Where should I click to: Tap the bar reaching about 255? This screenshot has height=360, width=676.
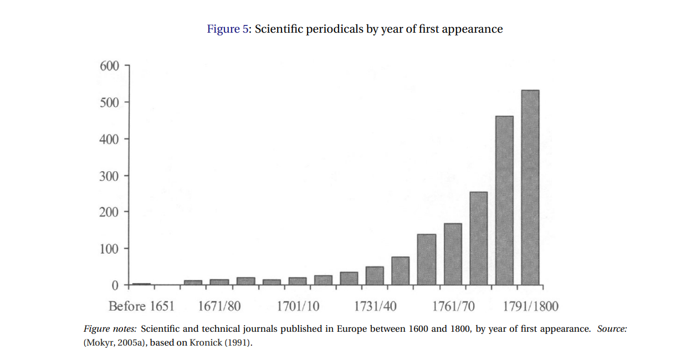pyautogui.click(x=478, y=238)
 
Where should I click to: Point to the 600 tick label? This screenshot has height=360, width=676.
pyautogui.click(x=109, y=66)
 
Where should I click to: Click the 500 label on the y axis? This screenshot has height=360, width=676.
pyautogui.click(x=109, y=102)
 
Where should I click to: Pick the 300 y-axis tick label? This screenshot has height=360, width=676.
pyautogui.click(x=109, y=176)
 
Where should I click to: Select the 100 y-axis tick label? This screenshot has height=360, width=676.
pyautogui.click(x=109, y=249)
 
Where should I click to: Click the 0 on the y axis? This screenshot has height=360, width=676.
pyautogui.click(x=115, y=285)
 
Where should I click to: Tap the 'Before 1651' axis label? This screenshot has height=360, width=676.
pyautogui.click(x=141, y=306)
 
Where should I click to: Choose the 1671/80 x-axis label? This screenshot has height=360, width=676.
pyautogui.click(x=219, y=306)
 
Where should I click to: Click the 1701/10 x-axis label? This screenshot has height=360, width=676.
pyautogui.click(x=298, y=306)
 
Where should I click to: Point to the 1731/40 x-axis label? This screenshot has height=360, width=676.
pyautogui.click(x=376, y=306)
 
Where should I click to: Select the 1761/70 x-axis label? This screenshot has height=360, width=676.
pyautogui.click(x=453, y=306)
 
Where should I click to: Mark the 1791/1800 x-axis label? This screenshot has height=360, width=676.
pyautogui.click(x=531, y=306)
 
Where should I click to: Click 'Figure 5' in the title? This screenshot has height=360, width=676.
pyautogui.click(x=229, y=29)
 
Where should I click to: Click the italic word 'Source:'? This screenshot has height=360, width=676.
pyautogui.click(x=612, y=329)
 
